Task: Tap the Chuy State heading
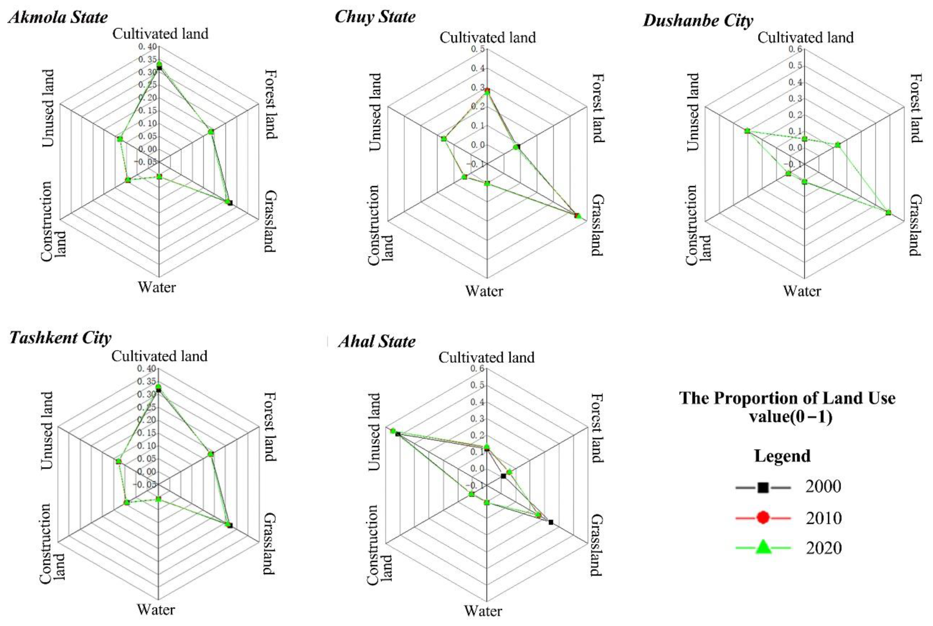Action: point(375,17)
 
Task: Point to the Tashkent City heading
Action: point(60,338)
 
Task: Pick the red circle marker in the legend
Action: point(763,518)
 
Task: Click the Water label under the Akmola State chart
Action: point(157,287)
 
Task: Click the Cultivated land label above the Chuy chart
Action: point(488,38)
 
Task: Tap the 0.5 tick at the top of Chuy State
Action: point(478,49)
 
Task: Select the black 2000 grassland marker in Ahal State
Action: point(551,522)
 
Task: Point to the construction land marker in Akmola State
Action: point(128,180)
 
